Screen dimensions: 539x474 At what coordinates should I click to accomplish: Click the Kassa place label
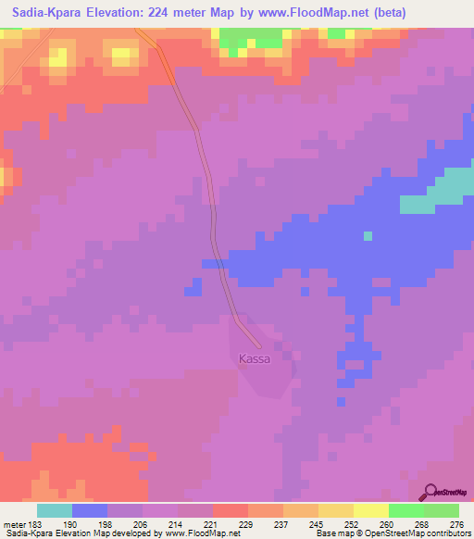[255, 358]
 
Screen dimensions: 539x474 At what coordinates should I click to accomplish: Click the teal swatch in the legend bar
[55, 510]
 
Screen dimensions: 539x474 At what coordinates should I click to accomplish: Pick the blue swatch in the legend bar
[90, 510]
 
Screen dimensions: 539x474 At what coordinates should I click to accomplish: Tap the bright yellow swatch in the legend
[371, 510]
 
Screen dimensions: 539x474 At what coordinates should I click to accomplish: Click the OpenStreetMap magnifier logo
[430, 492]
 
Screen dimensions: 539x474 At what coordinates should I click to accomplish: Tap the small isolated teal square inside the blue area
[368, 235]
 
